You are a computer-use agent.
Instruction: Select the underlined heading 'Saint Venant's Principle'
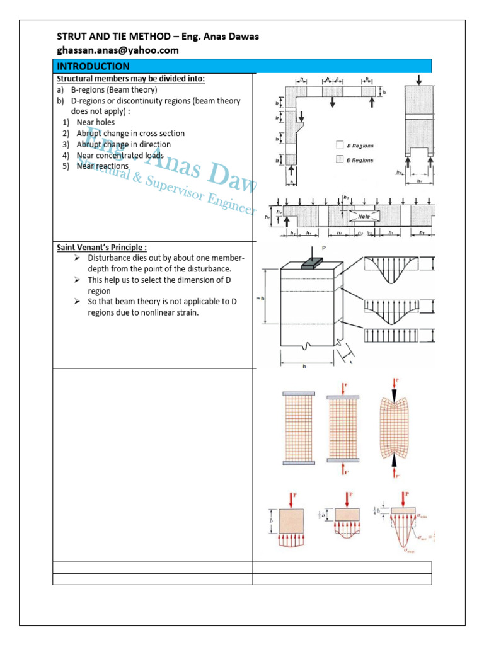(101, 248)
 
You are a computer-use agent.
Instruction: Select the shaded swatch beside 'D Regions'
(340, 160)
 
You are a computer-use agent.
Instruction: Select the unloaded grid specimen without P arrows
(294, 428)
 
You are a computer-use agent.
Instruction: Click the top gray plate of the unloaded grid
(294, 394)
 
